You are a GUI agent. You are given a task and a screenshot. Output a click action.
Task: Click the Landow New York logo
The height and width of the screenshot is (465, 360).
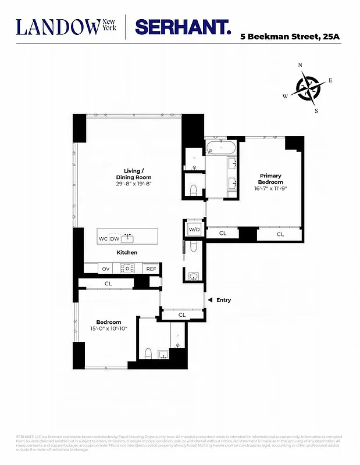[67, 27]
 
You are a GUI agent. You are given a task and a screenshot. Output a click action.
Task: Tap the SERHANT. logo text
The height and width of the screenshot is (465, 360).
[183, 27]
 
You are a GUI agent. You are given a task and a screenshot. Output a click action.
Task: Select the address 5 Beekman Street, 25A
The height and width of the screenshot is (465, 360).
[291, 37]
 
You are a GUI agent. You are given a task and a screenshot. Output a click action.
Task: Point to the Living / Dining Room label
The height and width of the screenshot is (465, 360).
[133, 174]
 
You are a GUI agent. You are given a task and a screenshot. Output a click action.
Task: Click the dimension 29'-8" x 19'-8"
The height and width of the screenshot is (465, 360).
[133, 184]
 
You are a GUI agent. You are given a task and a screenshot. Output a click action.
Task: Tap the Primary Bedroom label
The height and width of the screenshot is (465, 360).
[271, 178]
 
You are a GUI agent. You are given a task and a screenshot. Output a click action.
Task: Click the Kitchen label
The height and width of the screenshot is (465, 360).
[127, 253]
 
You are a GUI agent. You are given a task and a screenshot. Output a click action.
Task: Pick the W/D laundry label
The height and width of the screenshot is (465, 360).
[194, 230]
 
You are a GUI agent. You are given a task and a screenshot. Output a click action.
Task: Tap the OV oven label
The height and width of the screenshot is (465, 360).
[106, 269]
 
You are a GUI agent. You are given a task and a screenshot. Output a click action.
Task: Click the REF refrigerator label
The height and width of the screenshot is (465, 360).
[151, 269]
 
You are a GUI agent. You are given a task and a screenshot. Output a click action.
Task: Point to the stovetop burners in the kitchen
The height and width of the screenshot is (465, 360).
[127, 268]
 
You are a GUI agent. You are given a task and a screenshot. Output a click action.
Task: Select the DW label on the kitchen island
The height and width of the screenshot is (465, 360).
[115, 239]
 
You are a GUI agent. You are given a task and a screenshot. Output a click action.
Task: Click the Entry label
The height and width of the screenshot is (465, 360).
[223, 300]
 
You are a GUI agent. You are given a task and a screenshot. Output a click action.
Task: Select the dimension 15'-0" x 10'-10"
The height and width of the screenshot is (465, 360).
[108, 329]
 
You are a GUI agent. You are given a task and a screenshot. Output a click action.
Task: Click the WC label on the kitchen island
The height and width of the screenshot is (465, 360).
[103, 239]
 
